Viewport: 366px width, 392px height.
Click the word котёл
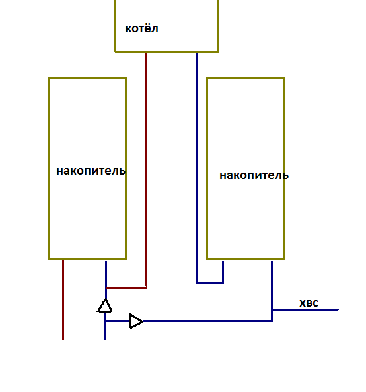pos(141,28)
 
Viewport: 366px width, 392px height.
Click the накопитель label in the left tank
pos(91,171)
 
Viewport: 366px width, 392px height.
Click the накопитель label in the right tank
pos(254,175)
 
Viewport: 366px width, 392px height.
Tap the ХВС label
pos(309,303)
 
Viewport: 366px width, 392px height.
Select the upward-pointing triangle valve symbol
pos(104,306)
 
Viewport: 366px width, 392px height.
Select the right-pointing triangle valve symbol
pos(135,321)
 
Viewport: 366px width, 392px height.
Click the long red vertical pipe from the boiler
pos(145,170)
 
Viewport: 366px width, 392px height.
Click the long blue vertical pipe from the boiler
pos(197,168)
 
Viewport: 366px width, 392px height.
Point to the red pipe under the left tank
pos(63,299)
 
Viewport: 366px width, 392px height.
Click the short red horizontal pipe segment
pos(126,288)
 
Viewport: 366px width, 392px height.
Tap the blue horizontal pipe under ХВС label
pos(305,310)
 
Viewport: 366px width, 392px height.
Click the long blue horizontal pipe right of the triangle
pos(207,321)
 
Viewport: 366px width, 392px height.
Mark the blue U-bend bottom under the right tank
pos(210,283)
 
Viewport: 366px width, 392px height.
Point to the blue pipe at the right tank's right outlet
pos(272,290)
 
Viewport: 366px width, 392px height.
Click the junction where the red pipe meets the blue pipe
pos(106,288)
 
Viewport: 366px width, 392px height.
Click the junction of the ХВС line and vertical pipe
pos(272,310)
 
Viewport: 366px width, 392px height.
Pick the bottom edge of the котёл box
pos(167,52)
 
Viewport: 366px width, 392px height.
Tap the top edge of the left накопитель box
pos(87,79)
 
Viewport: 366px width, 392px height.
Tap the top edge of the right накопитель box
pos(246,79)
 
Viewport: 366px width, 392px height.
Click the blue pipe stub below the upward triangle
pos(106,327)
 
